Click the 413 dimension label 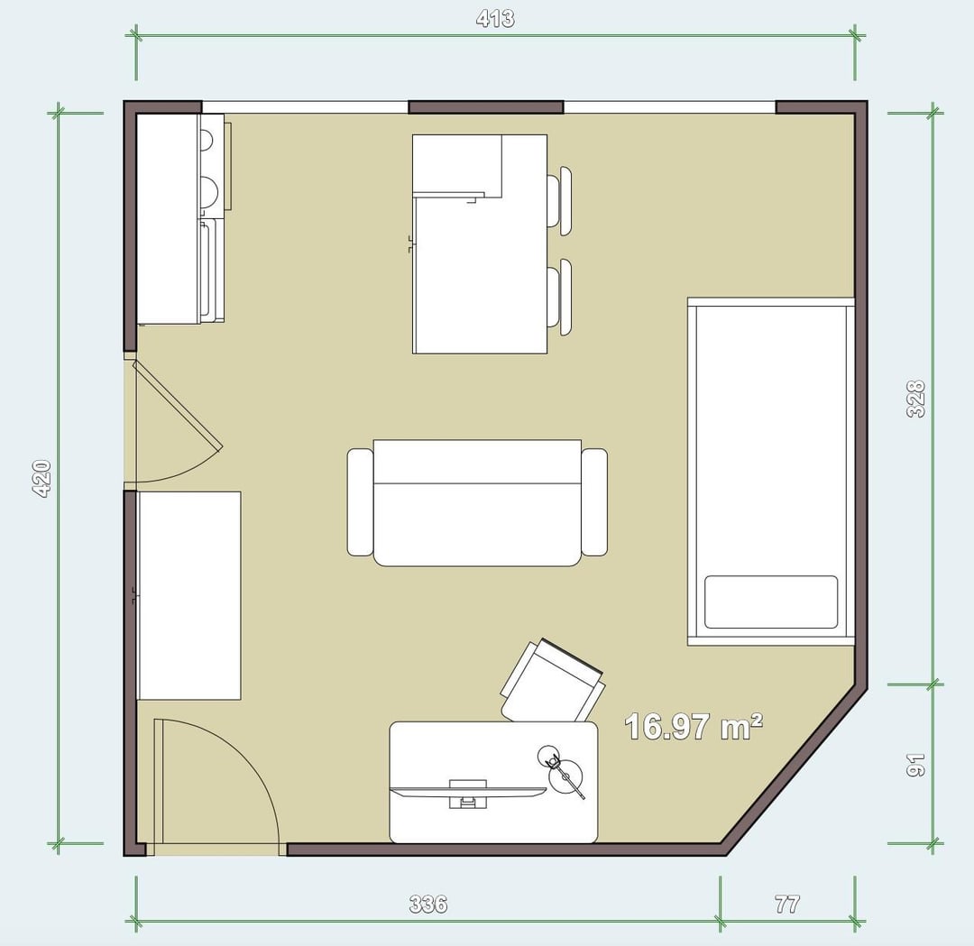click(495, 19)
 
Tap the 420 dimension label click(41, 478)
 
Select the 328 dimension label click(916, 399)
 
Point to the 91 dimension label click(916, 765)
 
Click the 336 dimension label click(428, 904)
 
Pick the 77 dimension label click(787, 904)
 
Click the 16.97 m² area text click(694, 726)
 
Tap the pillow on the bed click(771, 602)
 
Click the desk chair click(552, 682)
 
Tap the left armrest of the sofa click(360, 502)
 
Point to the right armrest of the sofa click(594, 502)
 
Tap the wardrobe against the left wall click(188, 596)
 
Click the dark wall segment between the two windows click(486, 106)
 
